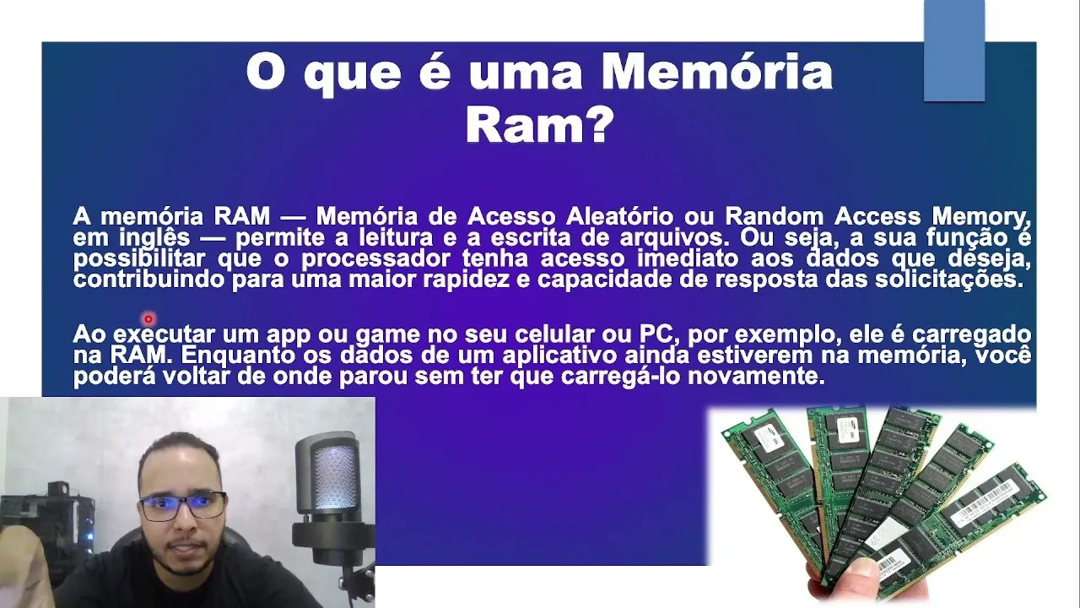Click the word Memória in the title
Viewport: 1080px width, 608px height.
[x=717, y=73]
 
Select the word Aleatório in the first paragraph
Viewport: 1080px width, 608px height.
[x=619, y=216]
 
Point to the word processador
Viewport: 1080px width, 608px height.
[x=376, y=259]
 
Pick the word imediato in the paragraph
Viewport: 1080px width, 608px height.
[x=688, y=258]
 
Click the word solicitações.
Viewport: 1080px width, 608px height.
[x=949, y=280]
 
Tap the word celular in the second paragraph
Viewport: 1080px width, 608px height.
[x=554, y=334]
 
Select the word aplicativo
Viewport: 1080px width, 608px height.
[x=559, y=356]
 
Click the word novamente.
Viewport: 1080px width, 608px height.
[x=756, y=377]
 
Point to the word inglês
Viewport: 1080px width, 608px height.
[x=154, y=238]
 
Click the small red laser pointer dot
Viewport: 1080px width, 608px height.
[x=148, y=319]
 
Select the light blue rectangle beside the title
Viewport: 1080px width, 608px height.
[x=954, y=51]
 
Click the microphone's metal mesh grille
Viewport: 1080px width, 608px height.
[x=333, y=477]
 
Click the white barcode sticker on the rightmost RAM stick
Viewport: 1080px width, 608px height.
[x=984, y=502]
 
